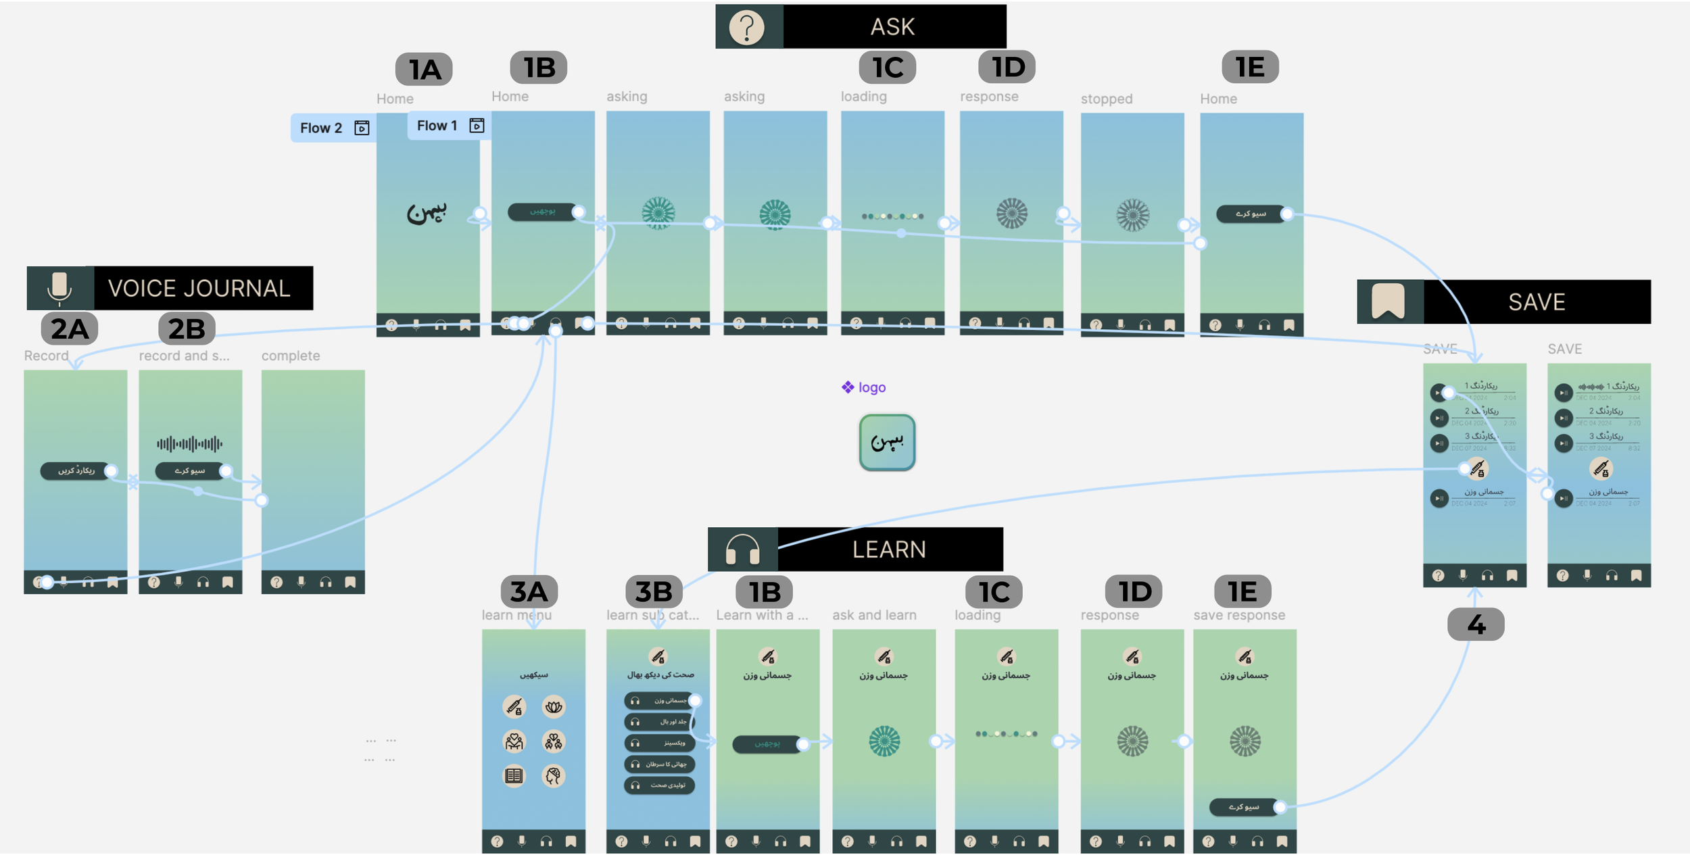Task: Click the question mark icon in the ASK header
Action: point(746,28)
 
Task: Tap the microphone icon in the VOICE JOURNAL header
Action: point(59,288)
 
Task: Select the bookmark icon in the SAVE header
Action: point(1388,301)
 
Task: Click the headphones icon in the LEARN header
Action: point(742,549)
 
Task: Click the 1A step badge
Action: point(424,70)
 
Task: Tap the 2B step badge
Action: point(187,329)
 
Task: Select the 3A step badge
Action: point(529,592)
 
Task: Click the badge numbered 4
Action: point(1476,625)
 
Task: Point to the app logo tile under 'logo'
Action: point(887,443)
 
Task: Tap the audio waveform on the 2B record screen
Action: point(189,444)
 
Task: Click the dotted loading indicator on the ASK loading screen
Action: point(892,216)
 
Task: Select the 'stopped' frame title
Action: point(1106,99)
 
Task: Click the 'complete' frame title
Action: point(291,356)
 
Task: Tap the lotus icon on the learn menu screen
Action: point(554,707)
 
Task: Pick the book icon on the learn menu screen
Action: point(514,776)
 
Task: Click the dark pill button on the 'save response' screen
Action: point(1244,807)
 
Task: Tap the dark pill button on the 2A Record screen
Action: point(76,470)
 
